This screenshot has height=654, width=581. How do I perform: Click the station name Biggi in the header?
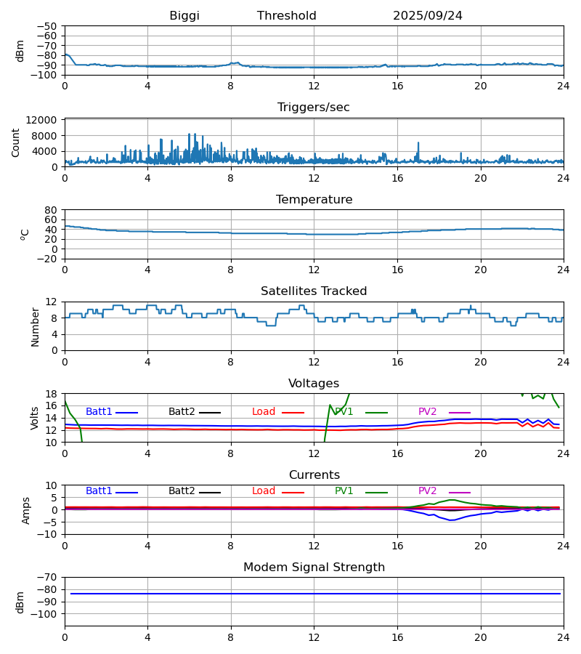coord(184,16)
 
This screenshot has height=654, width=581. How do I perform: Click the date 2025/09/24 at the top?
coord(428,16)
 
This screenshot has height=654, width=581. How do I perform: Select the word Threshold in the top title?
coord(287,16)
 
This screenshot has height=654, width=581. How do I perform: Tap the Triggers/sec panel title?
coord(314,108)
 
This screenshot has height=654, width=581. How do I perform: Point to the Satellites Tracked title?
coord(314,291)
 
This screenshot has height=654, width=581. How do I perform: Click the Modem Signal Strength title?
coord(314,568)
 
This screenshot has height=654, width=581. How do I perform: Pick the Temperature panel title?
coord(314,200)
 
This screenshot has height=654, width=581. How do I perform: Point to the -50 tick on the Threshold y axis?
coord(47,26)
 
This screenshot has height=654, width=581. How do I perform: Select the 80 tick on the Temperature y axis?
coord(51,210)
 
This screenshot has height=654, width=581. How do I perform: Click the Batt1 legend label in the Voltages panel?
coord(99,412)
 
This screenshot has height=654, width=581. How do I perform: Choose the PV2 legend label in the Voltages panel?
coord(428,412)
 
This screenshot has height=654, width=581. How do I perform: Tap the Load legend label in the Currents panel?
coord(264,491)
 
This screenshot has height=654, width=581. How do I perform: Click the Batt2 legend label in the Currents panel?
coord(182,491)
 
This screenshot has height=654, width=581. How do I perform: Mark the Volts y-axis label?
coord(35,418)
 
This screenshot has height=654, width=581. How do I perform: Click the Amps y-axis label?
coord(27,510)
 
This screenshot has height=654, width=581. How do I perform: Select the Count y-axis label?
coord(17,142)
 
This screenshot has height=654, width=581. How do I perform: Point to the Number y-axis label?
coord(35,326)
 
